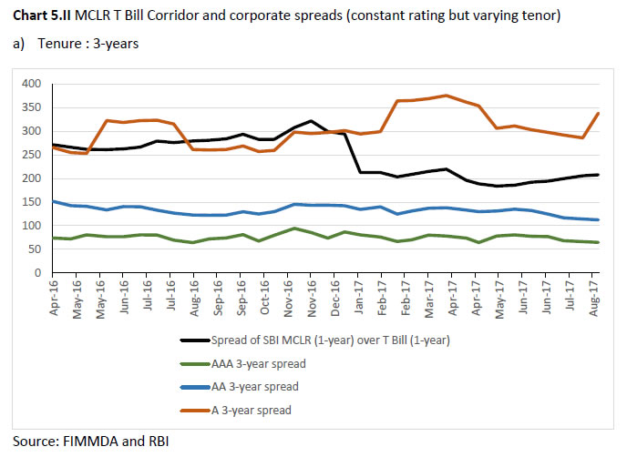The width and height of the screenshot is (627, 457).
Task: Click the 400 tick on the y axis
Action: click(31, 84)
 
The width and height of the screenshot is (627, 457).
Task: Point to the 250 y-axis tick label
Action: click(31, 155)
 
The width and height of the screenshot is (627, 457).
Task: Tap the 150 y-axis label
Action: click(31, 202)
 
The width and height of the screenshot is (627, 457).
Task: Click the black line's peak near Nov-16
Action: click(312, 121)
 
